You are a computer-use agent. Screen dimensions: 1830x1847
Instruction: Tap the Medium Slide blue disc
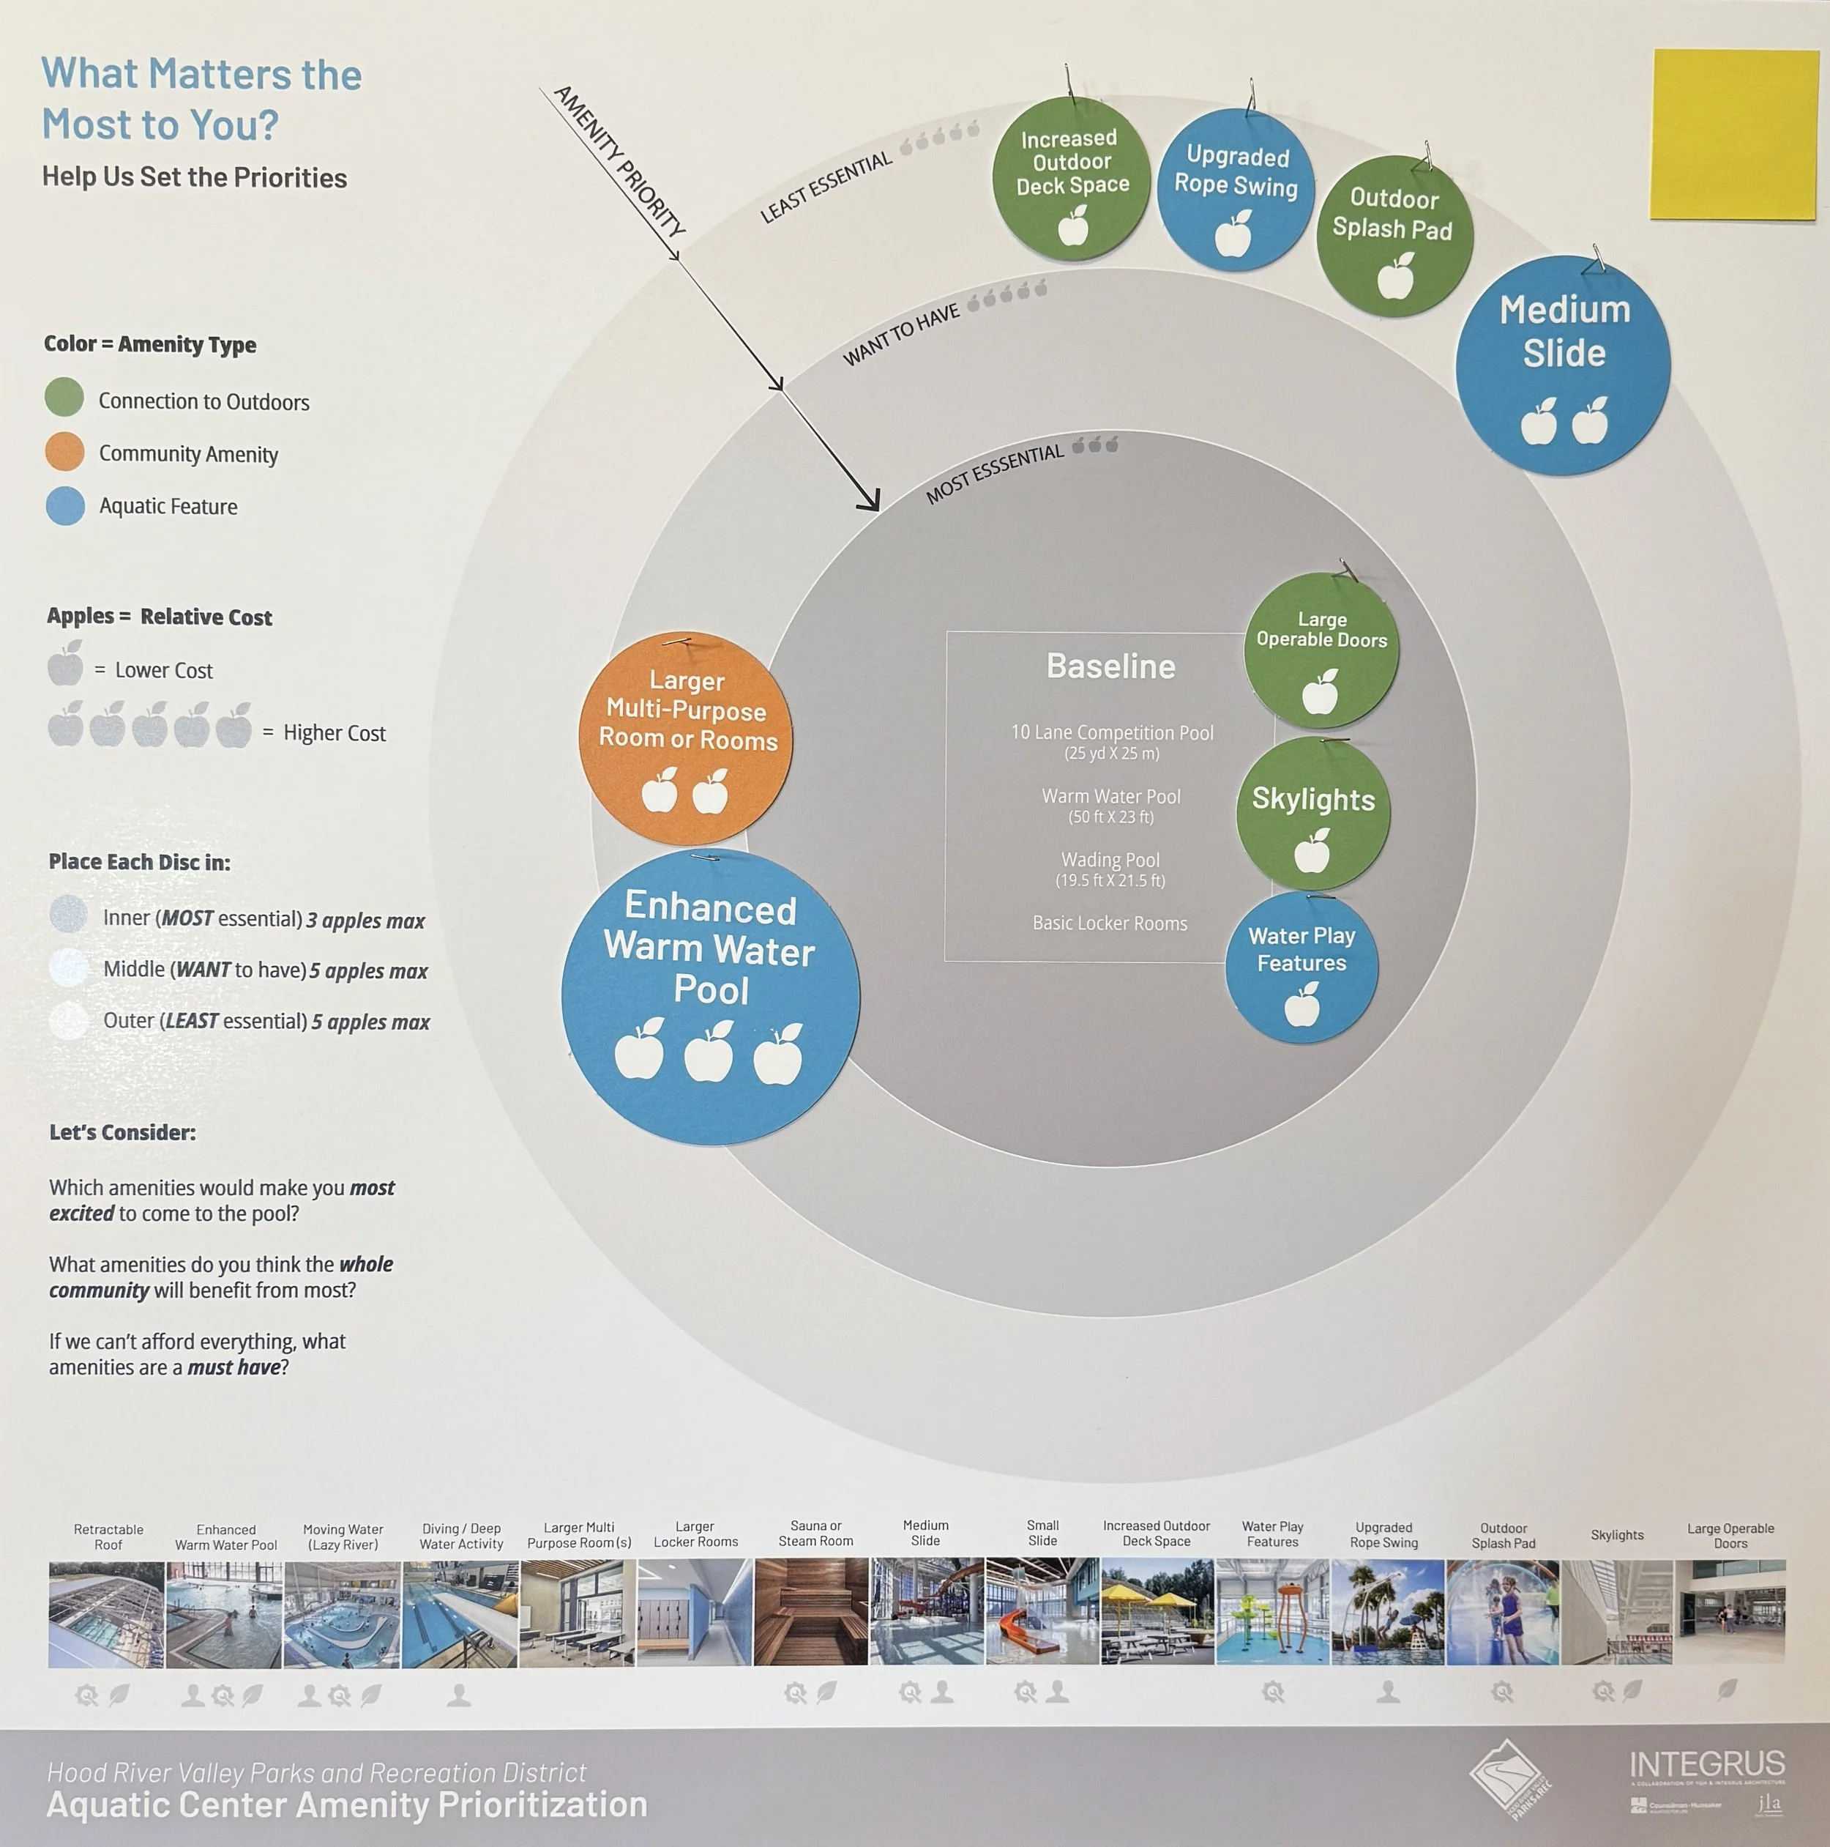click(1562, 365)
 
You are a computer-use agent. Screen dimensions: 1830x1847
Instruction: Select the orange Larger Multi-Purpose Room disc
click(685, 737)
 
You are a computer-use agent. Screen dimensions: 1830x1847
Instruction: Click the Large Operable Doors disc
click(1321, 650)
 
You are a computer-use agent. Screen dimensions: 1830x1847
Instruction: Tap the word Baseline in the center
click(1110, 666)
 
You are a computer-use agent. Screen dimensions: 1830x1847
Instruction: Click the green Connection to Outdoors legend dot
click(64, 397)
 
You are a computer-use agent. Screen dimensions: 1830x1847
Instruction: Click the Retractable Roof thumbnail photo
click(107, 1615)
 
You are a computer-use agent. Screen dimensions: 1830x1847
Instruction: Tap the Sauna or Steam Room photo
click(811, 1612)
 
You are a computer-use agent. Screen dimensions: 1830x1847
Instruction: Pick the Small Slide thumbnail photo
click(1042, 1612)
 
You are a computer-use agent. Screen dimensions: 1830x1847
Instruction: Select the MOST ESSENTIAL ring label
click(995, 473)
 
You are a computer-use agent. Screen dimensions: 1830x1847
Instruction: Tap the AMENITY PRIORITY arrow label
click(619, 160)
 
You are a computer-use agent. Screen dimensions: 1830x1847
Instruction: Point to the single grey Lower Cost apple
click(66, 664)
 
